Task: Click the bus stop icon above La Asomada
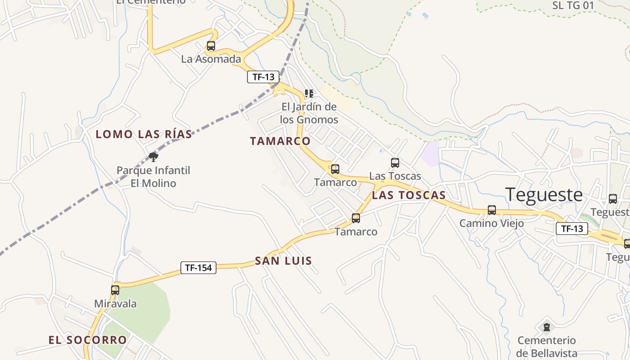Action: pyautogui.click(x=211, y=45)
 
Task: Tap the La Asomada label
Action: pyautogui.click(x=211, y=59)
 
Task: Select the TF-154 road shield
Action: pyautogui.click(x=198, y=268)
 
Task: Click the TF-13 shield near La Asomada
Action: pyautogui.click(x=263, y=77)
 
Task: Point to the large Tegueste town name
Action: pyautogui.click(x=544, y=195)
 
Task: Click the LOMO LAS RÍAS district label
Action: pyautogui.click(x=144, y=134)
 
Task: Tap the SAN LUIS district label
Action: pyautogui.click(x=283, y=261)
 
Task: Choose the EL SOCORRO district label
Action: pyautogui.click(x=88, y=340)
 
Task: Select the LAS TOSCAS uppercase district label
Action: pyautogui.click(x=409, y=195)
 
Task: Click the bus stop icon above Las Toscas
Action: pyautogui.click(x=395, y=163)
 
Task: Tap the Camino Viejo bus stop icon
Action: pyautogui.click(x=492, y=210)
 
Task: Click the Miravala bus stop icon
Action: pyautogui.click(x=115, y=290)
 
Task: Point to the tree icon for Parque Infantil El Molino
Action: pyautogui.click(x=153, y=157)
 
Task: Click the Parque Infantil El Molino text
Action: pyautogui.click(x=153, y=177)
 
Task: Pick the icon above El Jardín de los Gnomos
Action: pyautogui.click(x=309, y=94)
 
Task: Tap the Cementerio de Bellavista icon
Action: pyautogui.click(x=547, y=326)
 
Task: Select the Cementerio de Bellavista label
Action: pyautogui.click(x=546, y=346)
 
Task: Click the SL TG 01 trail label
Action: pyautogui.click(x=573, y=5)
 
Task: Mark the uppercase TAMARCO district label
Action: pyautogui.click(x=280, y=141)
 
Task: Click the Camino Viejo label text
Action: pyautogui.click(x=491, y=223)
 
